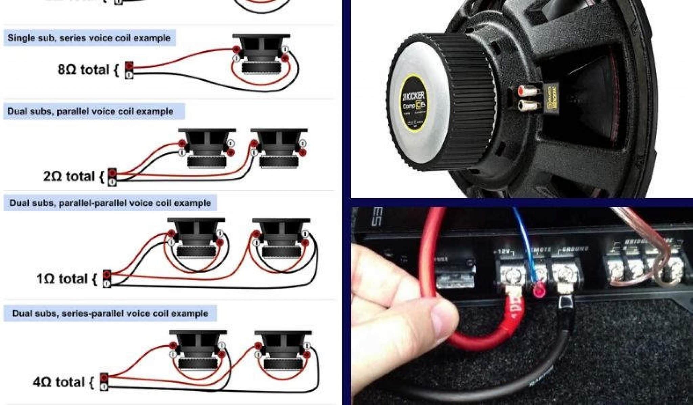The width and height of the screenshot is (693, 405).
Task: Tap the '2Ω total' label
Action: (69, 176)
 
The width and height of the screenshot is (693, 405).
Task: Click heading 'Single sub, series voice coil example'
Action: (89, 38)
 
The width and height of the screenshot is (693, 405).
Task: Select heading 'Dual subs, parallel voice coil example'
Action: (90, 111)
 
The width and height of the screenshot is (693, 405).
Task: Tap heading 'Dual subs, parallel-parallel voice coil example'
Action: (110, 203)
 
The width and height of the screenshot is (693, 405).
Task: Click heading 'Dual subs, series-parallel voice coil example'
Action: (110, 313)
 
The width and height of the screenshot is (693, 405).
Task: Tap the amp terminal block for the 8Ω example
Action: (129, 70)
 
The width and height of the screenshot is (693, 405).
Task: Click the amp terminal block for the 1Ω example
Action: (107, 279)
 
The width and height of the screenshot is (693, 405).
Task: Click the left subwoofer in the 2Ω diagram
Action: (206, 147)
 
